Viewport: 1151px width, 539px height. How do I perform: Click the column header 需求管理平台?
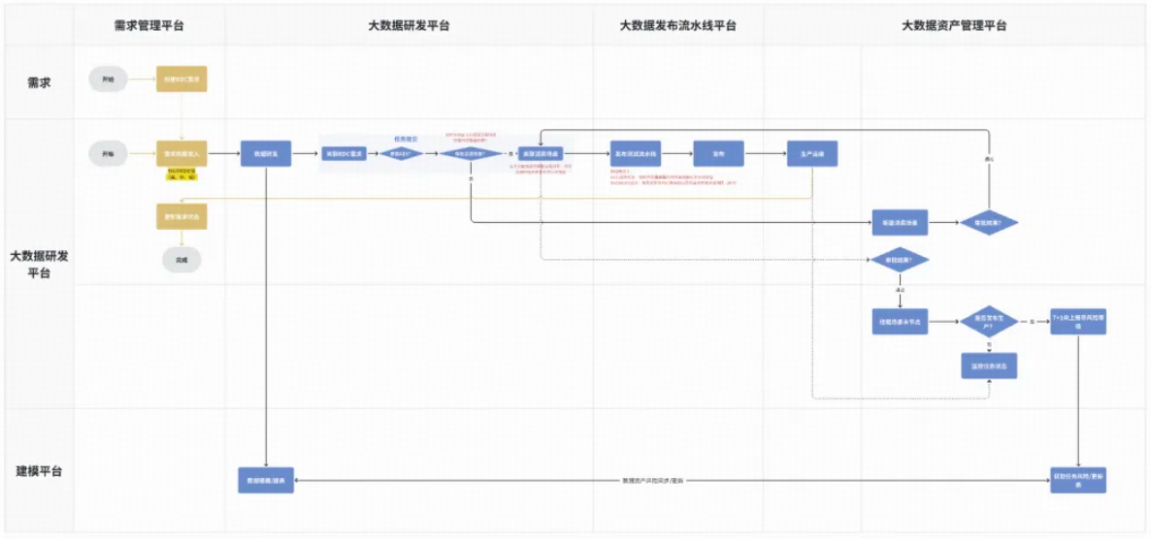tap(148, 26)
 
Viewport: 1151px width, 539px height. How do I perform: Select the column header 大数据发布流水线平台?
tap(677, 26)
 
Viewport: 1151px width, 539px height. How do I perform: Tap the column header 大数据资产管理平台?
tap(954, 26)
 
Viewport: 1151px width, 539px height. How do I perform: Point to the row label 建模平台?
tap(40, 471)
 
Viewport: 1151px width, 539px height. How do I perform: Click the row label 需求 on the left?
tap(39, 82)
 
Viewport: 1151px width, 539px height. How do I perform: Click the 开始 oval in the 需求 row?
tap(108, 79)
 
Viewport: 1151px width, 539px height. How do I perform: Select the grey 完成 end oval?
tap(181, 260)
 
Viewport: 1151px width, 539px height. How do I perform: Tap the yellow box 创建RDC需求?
tap(181, 79)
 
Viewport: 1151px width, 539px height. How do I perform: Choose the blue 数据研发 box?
tap(266, 153)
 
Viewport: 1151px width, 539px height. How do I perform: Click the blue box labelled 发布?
tap(718, 153)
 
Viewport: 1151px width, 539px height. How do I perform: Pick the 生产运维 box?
tap(811, 153)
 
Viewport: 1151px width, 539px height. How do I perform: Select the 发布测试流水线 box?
tap(636, 153)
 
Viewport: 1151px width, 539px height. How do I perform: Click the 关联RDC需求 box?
tap(345, 153)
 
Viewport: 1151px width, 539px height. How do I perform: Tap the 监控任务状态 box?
tap(988, 365)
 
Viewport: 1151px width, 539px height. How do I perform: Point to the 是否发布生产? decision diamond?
tap(988, 320)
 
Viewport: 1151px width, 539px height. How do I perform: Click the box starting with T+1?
tap(1078, 322)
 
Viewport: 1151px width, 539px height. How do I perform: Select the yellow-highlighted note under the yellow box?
tap(181, 174)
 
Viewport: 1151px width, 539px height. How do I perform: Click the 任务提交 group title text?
tap(405, 139)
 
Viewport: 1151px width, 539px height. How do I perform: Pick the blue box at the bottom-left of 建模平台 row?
tap(266, 480)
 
